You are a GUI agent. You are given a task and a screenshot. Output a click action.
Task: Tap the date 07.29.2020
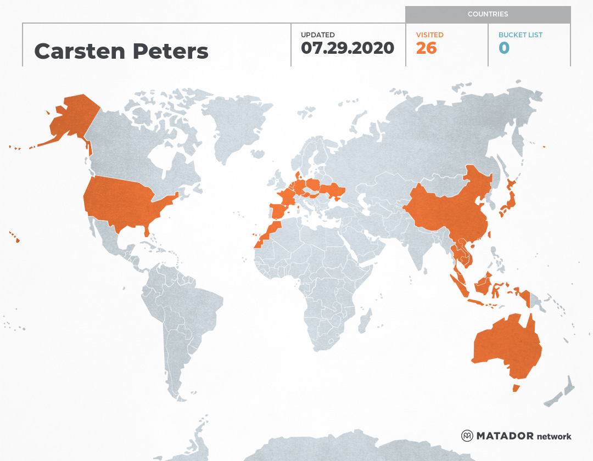[348, 48]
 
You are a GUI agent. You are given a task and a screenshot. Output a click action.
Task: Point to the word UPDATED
[317, 35]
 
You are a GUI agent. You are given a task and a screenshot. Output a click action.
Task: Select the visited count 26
[426, 48]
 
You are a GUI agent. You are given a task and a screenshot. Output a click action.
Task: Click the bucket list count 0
[504, 48]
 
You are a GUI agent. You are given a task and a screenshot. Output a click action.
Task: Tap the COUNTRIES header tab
[488, 14]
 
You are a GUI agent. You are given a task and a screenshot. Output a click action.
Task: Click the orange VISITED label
[429, 35]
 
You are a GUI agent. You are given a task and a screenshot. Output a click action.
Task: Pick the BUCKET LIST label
[520, 35]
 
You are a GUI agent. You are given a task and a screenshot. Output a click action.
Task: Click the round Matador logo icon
[467, 436]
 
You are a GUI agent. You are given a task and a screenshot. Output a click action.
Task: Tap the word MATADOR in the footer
[505, 436]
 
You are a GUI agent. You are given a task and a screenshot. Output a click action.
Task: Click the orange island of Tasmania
[516, 388]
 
